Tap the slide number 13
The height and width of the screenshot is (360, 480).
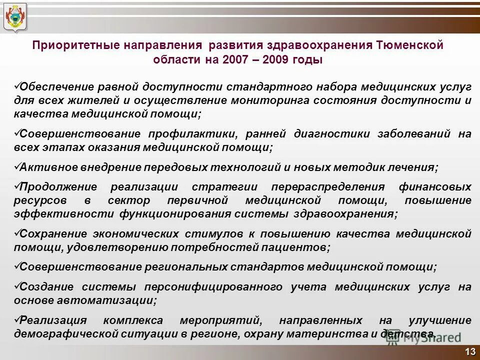click(469, 352)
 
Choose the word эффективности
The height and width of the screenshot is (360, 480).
click(65, 214)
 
